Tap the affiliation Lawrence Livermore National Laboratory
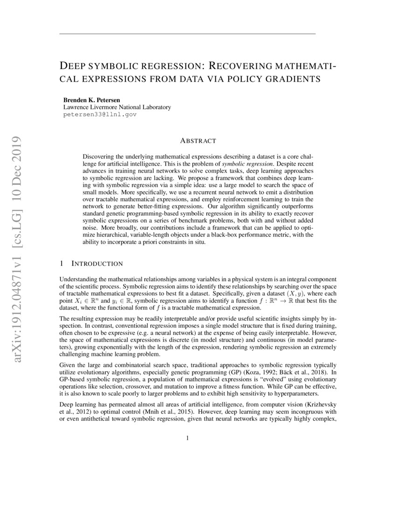[x=117, y=107]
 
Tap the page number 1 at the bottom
[x=187, y=438]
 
